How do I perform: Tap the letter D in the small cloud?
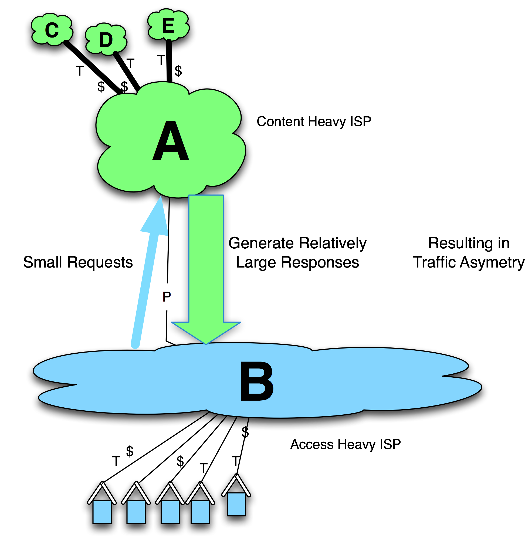pos(106,40)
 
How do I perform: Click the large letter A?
pos(171,141)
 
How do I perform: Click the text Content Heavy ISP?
pos(314,121)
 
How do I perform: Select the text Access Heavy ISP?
pos(345,444)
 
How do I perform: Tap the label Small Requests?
pos(78,262)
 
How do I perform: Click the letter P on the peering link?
pos(167,297)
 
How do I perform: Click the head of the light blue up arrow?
pos(156,218)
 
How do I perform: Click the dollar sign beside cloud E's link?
pos(178,71)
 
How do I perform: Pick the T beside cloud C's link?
pos(80,71)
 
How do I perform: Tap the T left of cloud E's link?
pos(161,60)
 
